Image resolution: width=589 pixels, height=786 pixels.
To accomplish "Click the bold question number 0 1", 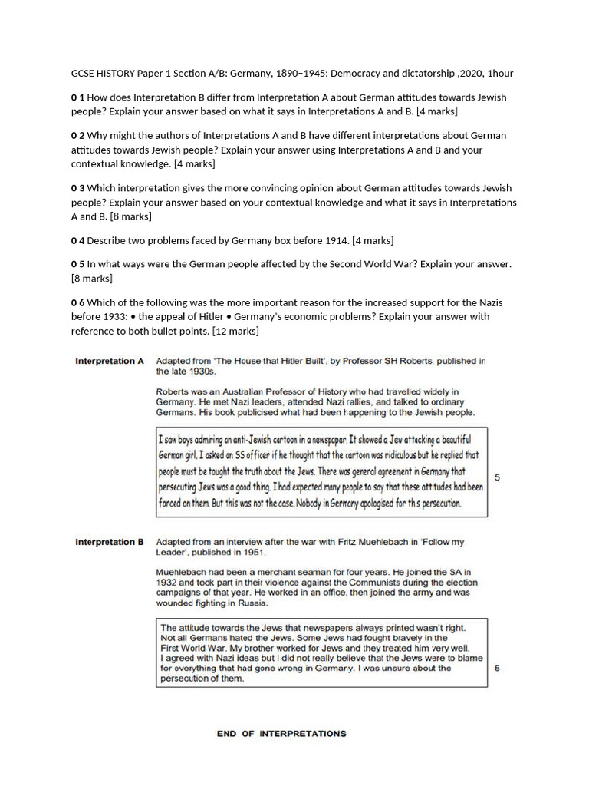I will pos(77,97).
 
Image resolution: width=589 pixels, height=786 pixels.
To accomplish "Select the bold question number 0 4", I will pos(77,241).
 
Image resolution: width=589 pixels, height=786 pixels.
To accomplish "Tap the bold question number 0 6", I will pos(77,303).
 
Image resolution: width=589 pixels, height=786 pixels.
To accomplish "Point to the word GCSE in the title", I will pos(84,74).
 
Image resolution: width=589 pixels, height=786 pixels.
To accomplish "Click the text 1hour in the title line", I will pos(500,74).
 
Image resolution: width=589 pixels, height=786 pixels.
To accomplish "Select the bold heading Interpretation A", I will pos(109,361).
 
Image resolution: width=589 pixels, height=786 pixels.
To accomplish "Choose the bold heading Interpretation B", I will pos(109,542).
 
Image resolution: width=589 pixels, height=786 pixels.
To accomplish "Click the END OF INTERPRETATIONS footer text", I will pos(281,734).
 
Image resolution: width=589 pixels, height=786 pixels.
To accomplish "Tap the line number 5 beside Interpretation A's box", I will pos(498,477).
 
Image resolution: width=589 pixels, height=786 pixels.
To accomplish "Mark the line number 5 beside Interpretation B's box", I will pos(498,669).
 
